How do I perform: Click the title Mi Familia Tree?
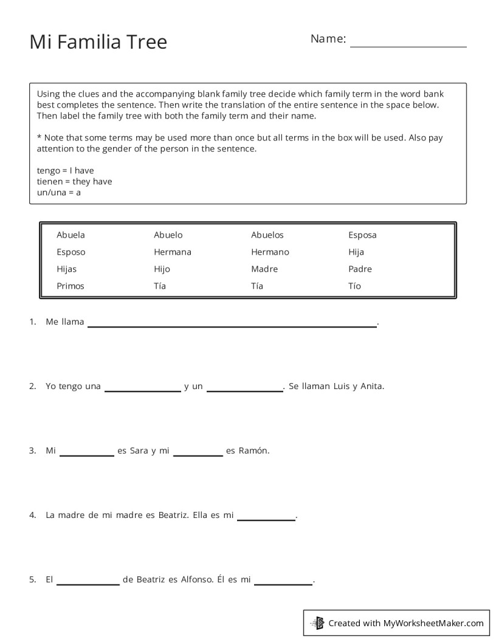[98, 42]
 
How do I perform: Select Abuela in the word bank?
[71, 235]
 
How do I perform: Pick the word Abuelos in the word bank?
[267, 235]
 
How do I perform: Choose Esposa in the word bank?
[362, 235]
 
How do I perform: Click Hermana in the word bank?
[172, 252]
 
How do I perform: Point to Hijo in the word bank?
[162, 269]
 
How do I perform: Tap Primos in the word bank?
[71, 286]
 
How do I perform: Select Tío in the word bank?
[354, 286]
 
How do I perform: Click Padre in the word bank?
[360, 269]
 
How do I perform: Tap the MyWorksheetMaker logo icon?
[317, 623]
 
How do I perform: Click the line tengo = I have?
[66, 171]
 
